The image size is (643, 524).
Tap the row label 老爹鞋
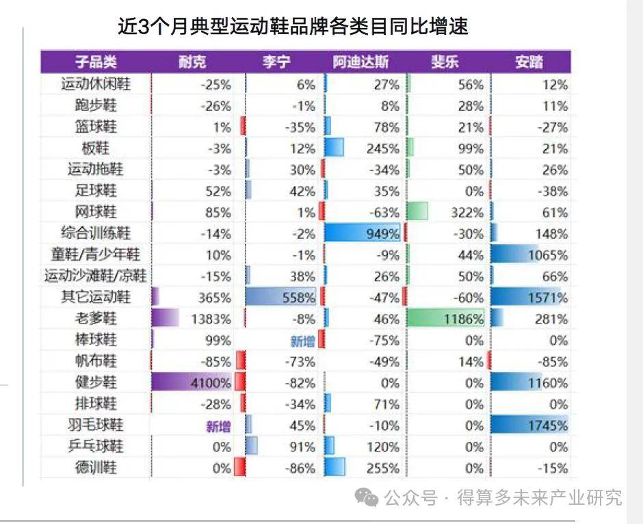[96, 319]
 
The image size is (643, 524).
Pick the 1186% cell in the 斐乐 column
[446, 319]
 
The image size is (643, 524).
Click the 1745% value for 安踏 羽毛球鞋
[531, 425]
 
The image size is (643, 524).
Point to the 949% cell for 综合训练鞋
[362, 234]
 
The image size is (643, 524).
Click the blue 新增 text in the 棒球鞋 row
[302, 341]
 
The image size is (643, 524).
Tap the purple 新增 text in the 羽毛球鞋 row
[218, 426]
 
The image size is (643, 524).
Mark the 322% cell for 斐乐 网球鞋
[446, 212]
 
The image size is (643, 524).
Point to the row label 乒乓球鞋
[96, 447]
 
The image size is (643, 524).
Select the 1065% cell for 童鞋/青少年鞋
[531, 255]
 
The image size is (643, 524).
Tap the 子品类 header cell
[96, 63]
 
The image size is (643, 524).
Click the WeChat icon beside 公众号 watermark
[370, 498]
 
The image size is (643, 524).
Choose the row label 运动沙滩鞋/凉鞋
[96, 276]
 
